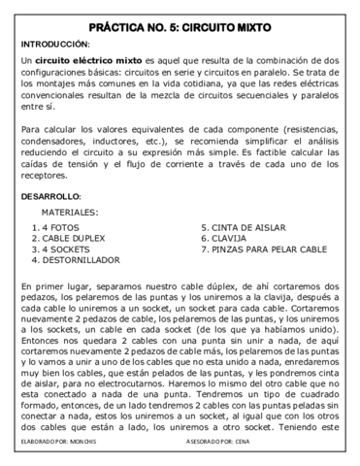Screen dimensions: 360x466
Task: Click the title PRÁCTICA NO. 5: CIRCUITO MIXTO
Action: (180, 26)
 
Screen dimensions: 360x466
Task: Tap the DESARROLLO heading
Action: (50, 196)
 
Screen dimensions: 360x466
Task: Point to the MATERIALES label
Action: (70, 211)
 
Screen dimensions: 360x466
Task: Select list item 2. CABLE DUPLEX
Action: (69, 239)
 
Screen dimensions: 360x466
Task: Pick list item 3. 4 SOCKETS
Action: (60, 250)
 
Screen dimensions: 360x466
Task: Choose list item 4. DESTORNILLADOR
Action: (76, 260)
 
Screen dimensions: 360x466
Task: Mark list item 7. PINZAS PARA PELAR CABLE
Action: (264, 250)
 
